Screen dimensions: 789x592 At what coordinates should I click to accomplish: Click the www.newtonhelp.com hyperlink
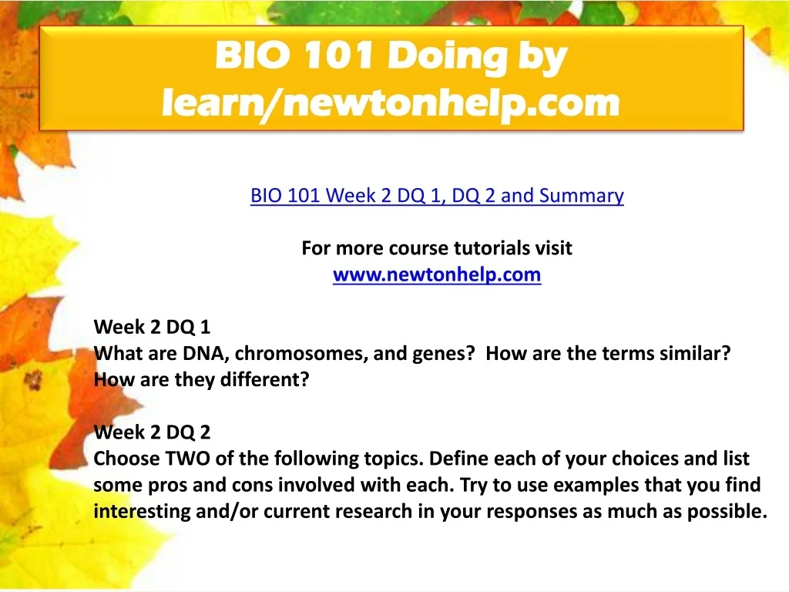click(437, 275)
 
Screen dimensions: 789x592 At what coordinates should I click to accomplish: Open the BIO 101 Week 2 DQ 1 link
click(437, 195)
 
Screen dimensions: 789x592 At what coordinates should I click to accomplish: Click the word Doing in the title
click(447, 56)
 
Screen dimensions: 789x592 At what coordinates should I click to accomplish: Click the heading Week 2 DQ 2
click(152, 432)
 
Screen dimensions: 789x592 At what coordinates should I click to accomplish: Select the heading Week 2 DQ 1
click(152, 327)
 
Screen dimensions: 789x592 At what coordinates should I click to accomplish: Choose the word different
click(265, 379)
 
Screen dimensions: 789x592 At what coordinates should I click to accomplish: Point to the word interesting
click(142, 512)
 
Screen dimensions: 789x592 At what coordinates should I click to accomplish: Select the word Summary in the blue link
click(582, 196)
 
